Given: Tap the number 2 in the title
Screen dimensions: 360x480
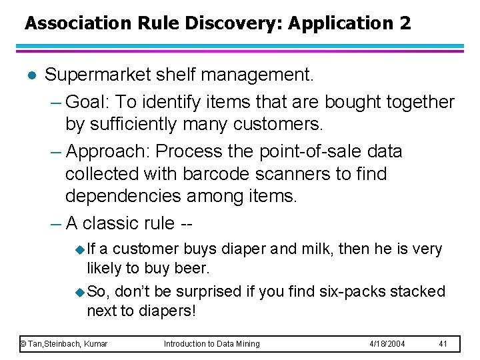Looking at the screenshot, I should [x=405, y=24].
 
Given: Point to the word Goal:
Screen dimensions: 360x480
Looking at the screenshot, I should [x=90, y=101].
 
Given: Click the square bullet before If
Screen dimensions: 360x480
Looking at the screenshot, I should [x=80, y=249].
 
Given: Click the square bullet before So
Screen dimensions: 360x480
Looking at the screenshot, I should [x=80, y=291].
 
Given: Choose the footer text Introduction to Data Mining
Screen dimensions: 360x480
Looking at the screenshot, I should [x=212, y=343].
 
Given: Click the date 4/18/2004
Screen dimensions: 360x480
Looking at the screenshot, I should [x=387, y=343].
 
